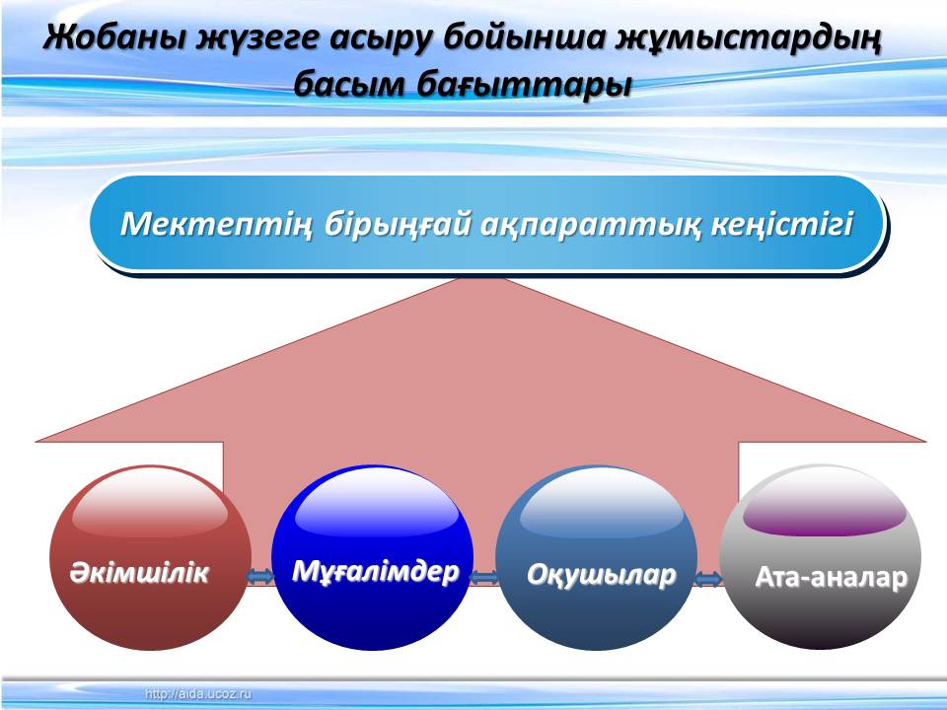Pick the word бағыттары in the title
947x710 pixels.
[x=524, y=84]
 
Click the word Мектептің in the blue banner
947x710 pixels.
[x=216, y=224]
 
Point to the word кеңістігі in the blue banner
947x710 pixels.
[x=782, y=224]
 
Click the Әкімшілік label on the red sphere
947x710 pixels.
[x=139, y=572]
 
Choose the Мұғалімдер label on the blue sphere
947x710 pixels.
[x=375, y=571]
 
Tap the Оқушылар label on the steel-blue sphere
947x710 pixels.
[x=601, y=574]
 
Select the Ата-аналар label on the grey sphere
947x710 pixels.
[x=831, y=577]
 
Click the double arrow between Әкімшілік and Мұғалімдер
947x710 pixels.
[x=259, y=577]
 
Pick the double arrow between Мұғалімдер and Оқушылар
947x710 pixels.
[x=483, y=579]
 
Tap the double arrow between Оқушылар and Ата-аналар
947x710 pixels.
[x=708, y=580]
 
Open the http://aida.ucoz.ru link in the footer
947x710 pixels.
[x=197, y=694]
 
